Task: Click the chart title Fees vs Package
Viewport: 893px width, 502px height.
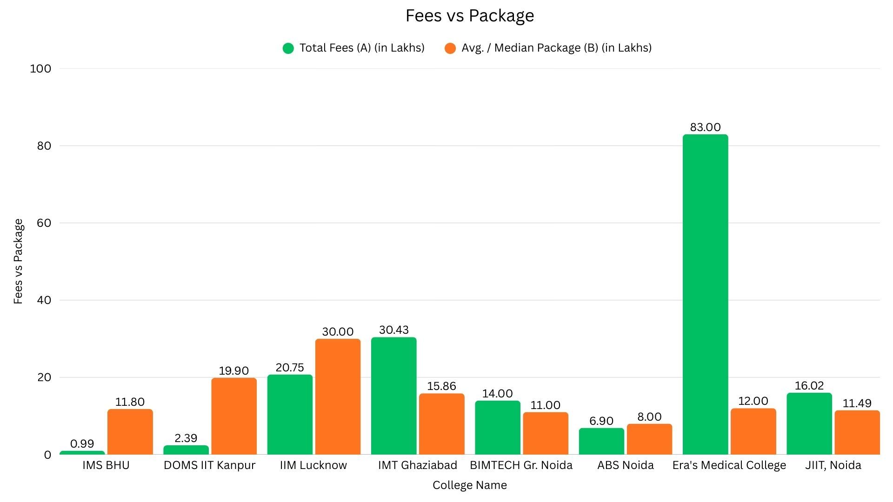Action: [470, 16]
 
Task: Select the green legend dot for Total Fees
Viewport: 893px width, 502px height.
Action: [288, 48]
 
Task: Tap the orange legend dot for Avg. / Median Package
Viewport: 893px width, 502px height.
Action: [450, 48]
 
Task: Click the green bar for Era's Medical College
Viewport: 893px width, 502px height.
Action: [705, 294]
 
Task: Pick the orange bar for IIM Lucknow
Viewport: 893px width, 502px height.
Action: [338, 396]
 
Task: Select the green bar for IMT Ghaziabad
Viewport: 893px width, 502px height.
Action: [393, 396]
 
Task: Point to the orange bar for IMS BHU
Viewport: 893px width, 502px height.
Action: [130, 432]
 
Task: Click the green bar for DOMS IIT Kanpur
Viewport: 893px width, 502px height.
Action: [186, 450]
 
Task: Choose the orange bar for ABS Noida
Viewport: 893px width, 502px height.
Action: [649, 439]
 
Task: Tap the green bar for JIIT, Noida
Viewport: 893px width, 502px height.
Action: [809, 423]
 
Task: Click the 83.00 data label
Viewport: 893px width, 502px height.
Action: [705, 127]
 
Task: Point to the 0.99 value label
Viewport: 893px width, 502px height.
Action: [82, 444]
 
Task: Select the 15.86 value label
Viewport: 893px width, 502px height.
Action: [441, 386]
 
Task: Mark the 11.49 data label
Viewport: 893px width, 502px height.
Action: [857, 403]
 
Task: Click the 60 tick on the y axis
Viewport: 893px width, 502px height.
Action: [44, 223]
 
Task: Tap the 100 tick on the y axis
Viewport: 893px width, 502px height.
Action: [40, 69]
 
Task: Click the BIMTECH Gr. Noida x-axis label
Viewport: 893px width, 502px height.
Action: [521, 465]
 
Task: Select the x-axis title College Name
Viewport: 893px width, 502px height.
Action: [469, 485]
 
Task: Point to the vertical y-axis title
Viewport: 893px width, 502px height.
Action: [18, 261]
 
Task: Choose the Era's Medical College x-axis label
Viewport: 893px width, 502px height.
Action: [729, 465]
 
